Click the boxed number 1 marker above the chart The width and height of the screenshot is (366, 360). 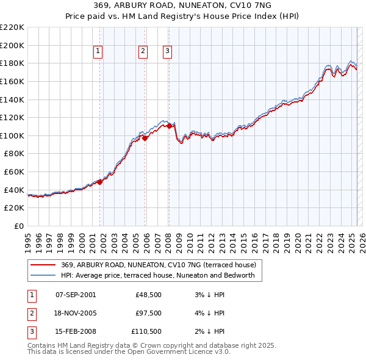(x=98, y=52)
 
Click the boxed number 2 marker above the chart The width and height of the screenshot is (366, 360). (x=143, y=52)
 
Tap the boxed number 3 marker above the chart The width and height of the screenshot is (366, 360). (x=167, y=52)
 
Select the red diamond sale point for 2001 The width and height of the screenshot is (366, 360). (x=99, y=181)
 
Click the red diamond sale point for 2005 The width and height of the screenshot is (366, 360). (x=145, y=138)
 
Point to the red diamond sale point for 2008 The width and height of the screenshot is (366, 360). (x=169, y=126)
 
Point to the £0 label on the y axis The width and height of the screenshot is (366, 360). (x=20, y=226)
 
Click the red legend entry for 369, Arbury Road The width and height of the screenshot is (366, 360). (x=162, y=265)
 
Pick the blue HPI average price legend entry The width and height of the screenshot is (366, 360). (x=162, y=276)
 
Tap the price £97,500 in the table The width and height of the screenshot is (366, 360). (x=149, y=313)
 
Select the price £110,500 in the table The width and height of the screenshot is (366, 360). (x=147, y=331)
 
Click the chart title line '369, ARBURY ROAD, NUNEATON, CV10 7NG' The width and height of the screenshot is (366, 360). (x=183, y=5)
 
